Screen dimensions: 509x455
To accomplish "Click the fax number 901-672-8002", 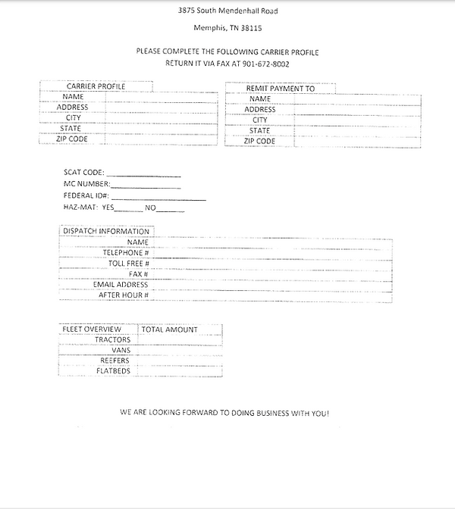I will coord(266,64).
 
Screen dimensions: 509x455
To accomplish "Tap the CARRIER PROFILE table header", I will coord(96,86).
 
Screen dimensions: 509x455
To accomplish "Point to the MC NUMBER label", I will coord(86,184).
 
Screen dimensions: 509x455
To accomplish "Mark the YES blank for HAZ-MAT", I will coord(128,209).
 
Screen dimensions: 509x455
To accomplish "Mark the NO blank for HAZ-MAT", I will coord(171,209).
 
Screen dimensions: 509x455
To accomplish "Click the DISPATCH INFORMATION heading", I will coord(106,231).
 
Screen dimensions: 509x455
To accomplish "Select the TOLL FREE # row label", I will coord(128,263).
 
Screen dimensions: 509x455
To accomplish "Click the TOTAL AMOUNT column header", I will coord(170,329).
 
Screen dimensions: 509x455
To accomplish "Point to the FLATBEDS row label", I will coord(113,371).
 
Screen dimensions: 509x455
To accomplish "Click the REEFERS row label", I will coord(115,361).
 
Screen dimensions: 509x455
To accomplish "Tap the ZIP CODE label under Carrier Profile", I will coord(73,139).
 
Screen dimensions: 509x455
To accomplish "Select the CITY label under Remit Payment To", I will coord(260,120).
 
